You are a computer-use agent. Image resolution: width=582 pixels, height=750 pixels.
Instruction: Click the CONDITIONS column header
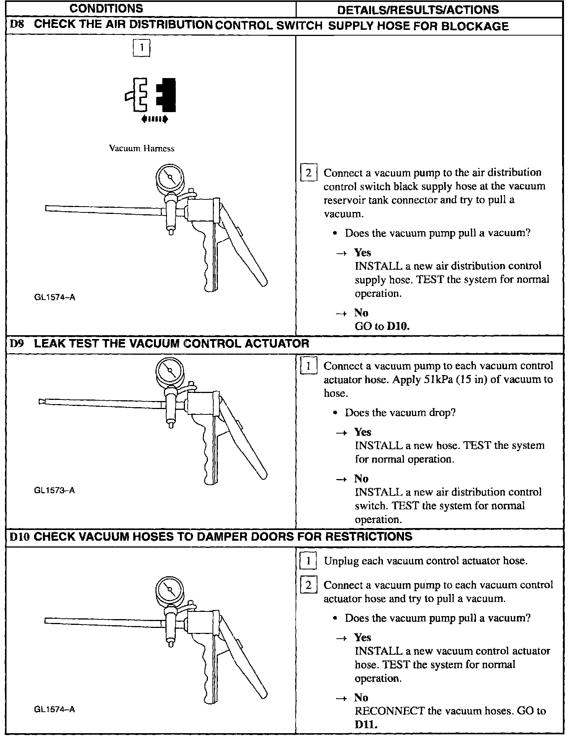(x=106, y=8)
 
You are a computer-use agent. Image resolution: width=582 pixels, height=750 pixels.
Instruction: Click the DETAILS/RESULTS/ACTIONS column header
(x=418, y=10)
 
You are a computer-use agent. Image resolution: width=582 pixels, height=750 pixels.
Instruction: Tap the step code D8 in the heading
(x=17, y=25)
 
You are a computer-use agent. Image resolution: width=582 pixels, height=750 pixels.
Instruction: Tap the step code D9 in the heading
(x=17, y=343)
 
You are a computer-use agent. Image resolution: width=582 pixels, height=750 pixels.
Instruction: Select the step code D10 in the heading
(x=19, y=536)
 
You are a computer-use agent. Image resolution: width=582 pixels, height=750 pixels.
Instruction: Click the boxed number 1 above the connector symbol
(x=141, y=48)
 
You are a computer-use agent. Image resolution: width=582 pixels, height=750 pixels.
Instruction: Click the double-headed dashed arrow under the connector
(x=154, y=119)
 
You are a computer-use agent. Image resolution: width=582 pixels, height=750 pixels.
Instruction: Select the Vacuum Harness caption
(x=141, y=148)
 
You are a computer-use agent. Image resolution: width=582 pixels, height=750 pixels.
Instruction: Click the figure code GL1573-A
(x=54, y=490)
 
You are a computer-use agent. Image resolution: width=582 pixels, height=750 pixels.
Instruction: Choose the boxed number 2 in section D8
(x=309, y=173)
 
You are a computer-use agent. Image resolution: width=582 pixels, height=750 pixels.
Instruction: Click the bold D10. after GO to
(x=398, y=326)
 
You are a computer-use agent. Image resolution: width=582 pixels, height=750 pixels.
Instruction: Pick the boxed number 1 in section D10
(x=308, y=561)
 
